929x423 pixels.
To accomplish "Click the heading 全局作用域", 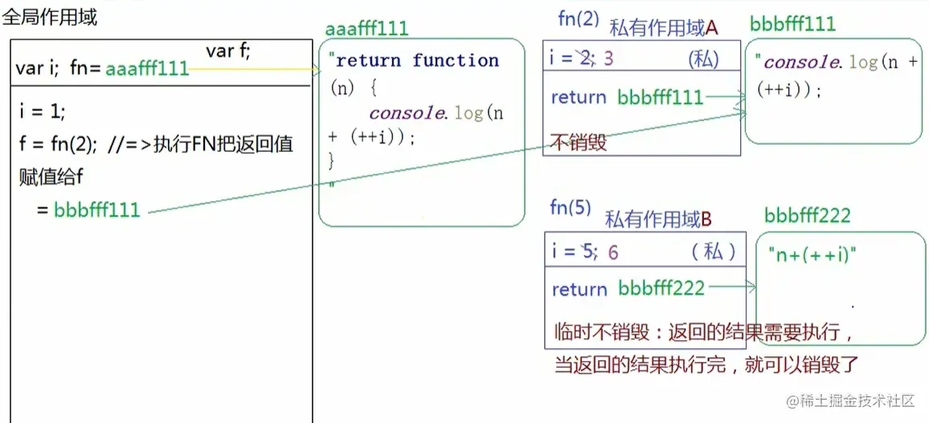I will coord(50,17).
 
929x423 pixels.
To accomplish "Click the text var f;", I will coord(228,51).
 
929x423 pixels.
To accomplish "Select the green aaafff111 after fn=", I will coord(147,69).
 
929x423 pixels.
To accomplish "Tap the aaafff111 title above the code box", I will coord(366,29).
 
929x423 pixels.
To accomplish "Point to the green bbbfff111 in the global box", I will coord(97,211).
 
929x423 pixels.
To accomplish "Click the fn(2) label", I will coord(579,19).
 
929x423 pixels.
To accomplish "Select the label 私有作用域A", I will coord(664,28).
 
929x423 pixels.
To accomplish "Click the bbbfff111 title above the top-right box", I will coord(792,23).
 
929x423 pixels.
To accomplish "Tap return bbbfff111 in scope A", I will coord(627,97).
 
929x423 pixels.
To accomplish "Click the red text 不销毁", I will coord(578,142).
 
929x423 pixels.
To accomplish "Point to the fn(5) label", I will coord(571,207).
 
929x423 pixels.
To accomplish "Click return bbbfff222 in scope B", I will coord(628,289).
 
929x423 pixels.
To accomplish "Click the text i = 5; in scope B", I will coord(575,252).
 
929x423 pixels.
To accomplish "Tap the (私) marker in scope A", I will coord(703,59).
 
